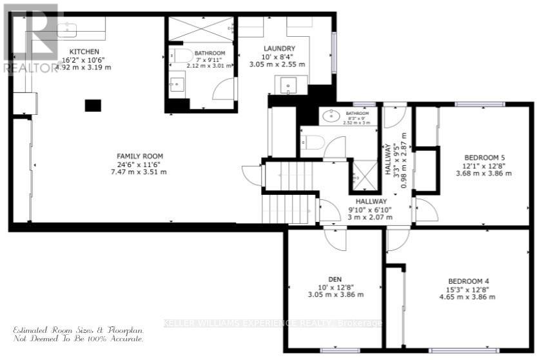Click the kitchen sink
pyautogui.click(x=67, y=28)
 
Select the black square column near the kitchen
pyautogui.click(x=93, y=105)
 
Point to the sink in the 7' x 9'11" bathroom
pyautogui.click(x=177, y=83)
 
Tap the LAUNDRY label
pyautogui.click(x=279, y=48)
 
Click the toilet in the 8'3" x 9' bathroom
pyautogui.click(x=312, y=142)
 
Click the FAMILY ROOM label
pyautogui.click(x=139, y=156)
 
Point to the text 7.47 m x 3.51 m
pyautogui.click(x=139, y=172)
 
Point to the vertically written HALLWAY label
pyautogui.click(x=389, y=161)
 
